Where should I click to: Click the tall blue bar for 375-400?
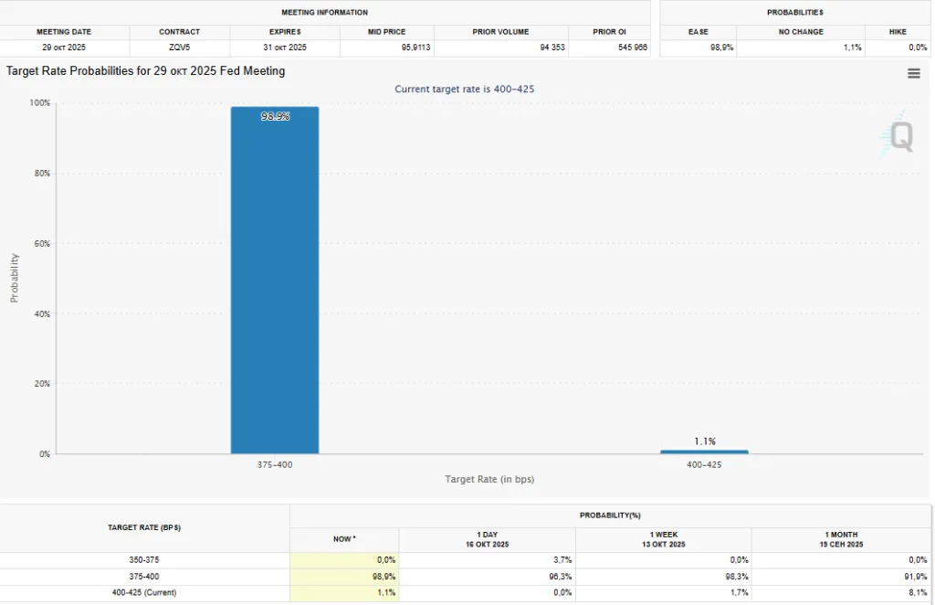pos(275,280)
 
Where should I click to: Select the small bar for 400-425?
pos(704,451)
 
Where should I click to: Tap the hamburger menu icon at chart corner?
pos(913,74)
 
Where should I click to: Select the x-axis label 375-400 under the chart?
pos(275,465)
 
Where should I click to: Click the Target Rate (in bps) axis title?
pos(489,480)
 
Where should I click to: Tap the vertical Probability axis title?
pos(15,279)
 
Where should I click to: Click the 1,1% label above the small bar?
pos(705,441)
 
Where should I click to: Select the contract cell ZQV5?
pos(180,48)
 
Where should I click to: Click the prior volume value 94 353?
pos(552,48)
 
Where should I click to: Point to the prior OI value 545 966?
pos(633,48)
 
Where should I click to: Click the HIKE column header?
pos(898,32)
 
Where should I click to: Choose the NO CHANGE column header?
pos(801,32)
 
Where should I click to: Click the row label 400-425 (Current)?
pos(144,592)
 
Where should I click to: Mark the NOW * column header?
pos(344,539)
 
